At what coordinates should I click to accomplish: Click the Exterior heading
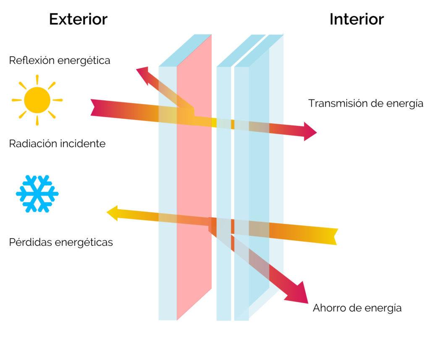78,19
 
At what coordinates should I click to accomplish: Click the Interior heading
357,19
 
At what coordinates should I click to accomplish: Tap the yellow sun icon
37,100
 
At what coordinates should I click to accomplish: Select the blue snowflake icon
37,193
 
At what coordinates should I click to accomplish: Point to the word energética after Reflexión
84,60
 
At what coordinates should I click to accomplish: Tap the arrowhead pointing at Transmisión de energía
309,131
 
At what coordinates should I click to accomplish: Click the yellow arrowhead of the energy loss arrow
113,213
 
